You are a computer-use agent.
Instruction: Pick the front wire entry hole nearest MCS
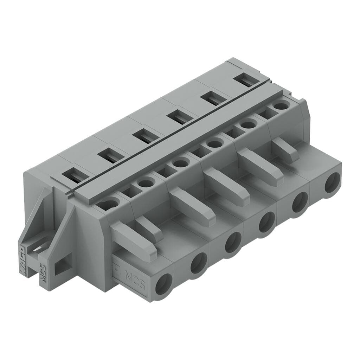pos(163,284)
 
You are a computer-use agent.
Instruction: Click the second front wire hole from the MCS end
pos(199,263)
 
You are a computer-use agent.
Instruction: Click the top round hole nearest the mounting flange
pos(109,203)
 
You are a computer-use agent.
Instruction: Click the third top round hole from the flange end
pos(181,163)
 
